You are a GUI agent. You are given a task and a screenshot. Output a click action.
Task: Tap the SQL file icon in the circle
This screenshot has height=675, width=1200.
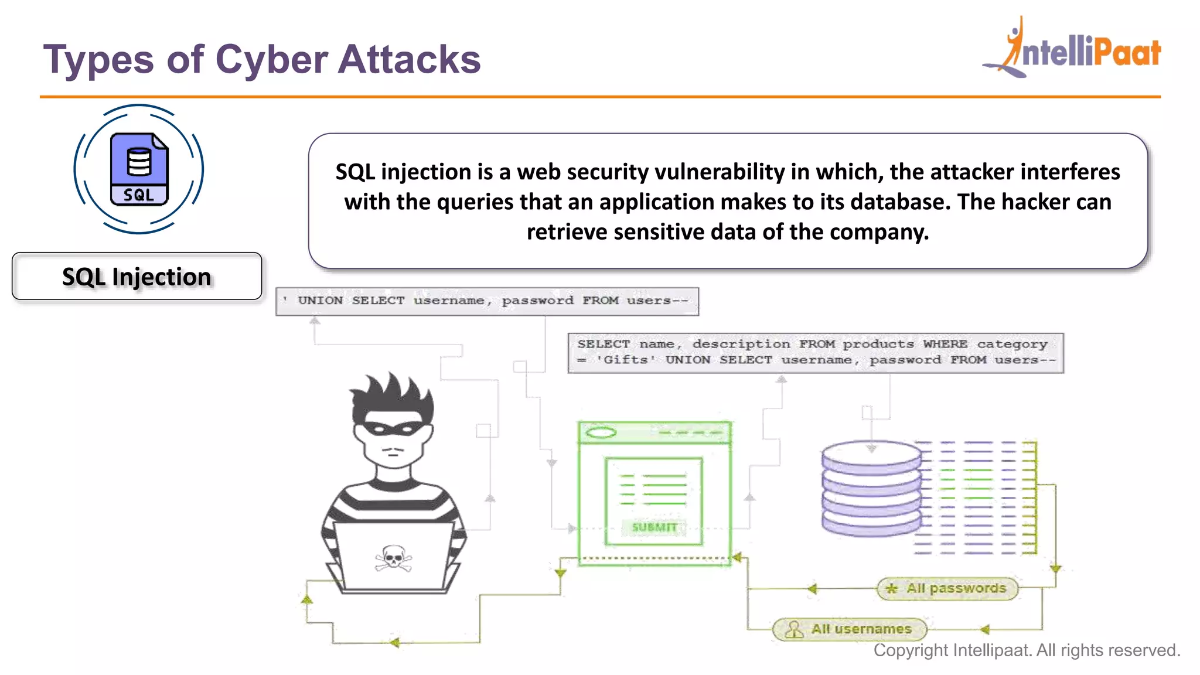pos(139,169)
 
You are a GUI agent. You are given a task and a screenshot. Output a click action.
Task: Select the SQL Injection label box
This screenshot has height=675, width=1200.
pos(137,277)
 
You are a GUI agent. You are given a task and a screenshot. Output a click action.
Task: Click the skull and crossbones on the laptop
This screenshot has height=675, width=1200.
pos(393,557)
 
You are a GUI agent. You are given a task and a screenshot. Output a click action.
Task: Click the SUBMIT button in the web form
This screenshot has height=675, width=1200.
pos(654,527)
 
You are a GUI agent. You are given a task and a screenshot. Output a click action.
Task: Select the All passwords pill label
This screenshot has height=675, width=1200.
pos(947,588)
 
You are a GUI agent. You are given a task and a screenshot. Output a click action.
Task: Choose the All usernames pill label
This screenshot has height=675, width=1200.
pos(850,629)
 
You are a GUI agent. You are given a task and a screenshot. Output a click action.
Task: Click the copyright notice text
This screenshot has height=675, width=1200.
pos(1027,650)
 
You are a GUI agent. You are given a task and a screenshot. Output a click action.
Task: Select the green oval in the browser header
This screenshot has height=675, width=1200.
pos(601,433)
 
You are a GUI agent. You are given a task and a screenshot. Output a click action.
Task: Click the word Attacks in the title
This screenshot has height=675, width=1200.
pos(409,60)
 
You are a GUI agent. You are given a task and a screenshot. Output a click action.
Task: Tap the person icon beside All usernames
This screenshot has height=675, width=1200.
pos(794,629)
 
